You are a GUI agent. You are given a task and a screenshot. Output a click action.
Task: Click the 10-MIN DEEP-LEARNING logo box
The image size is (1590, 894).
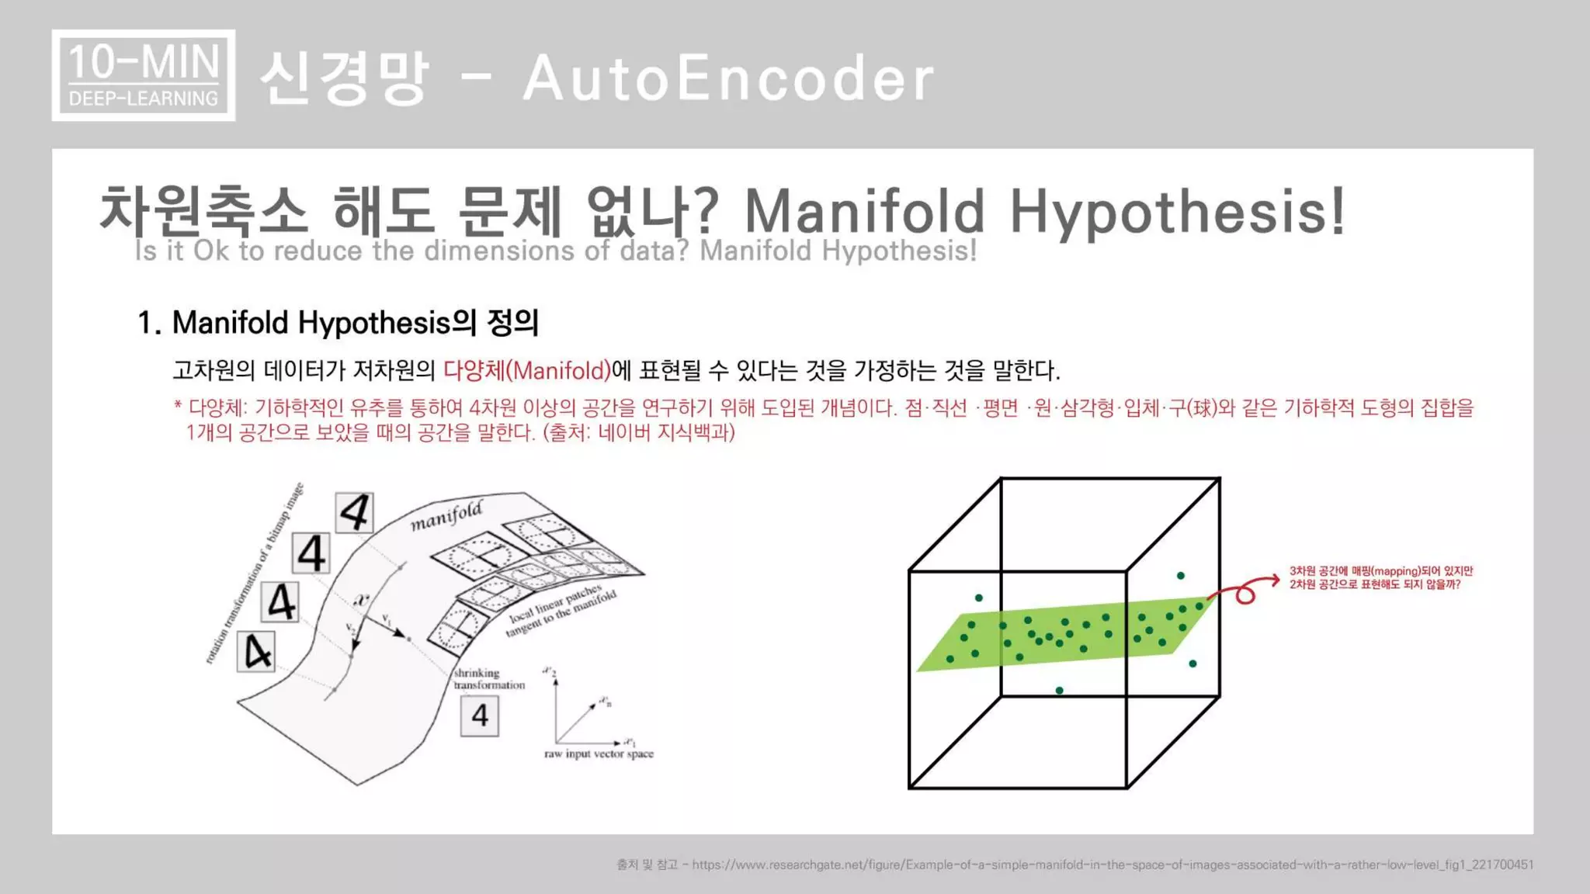tap(144, 75)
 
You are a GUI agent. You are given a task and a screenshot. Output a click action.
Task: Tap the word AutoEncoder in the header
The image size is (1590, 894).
tap(728, 78)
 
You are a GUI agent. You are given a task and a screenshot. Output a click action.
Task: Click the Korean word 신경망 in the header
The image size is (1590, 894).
tap(344, 78)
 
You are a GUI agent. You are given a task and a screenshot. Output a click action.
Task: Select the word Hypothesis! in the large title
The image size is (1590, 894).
tap(1176, 211)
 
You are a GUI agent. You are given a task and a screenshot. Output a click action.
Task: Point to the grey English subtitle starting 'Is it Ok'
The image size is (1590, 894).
tap(555, 251)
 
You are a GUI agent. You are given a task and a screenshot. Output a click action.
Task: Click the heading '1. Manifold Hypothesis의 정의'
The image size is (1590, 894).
tap(338, 323)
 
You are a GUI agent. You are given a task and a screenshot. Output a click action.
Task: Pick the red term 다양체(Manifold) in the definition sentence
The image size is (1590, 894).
tap(527, 370)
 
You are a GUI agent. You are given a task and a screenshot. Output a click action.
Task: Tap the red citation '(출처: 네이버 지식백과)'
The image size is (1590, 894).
tap(639, 432)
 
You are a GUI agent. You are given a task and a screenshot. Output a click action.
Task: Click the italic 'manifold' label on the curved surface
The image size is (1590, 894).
tap(446, 515)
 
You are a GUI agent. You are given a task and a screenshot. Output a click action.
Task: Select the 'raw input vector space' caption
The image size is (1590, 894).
tap(599, 754)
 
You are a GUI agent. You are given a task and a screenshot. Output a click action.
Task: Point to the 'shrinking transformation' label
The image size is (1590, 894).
tap(488, 679)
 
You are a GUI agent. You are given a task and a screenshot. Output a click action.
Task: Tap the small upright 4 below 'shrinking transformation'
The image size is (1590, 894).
tap(480, 716)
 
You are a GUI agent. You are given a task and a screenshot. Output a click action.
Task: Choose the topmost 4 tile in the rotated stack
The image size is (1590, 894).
tap(355, 512)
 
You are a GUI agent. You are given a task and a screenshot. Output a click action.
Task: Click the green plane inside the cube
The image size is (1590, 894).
tap(1064, 632)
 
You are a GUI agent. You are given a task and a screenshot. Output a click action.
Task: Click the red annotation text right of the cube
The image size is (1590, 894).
tap(1380, 577)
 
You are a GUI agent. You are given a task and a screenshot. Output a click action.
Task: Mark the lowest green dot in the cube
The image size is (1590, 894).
tap(1059, 690)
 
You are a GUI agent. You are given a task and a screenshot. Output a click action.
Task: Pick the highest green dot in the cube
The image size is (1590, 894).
tap(1180, 576)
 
